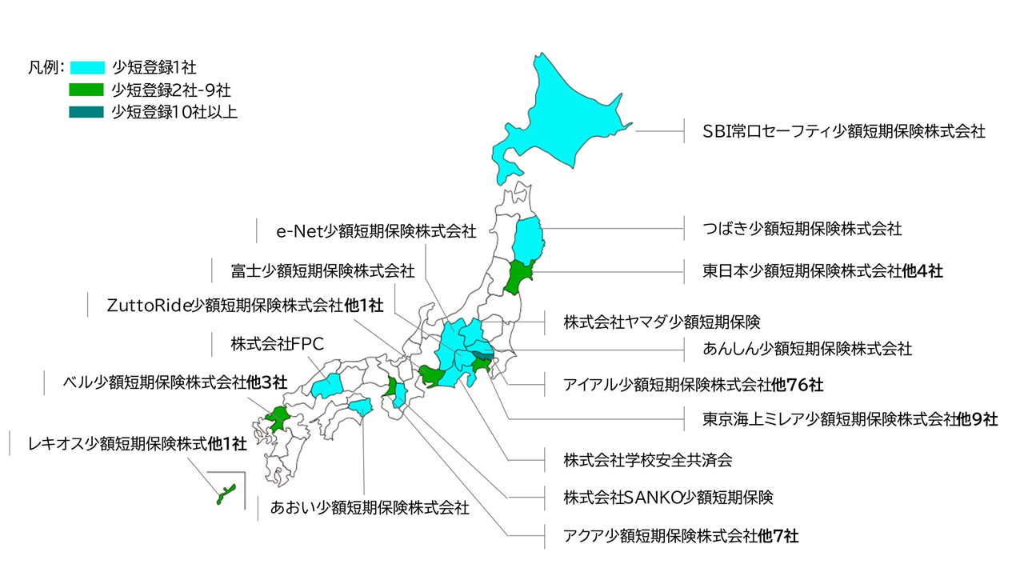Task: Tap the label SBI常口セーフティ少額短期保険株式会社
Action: (843, 131)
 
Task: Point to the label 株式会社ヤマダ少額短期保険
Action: (661, 322)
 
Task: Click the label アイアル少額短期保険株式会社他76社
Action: (693, 385)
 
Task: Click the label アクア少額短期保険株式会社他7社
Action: (681, 534)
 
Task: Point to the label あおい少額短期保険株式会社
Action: (370, 507)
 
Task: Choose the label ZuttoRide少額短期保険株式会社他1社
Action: (245, 306)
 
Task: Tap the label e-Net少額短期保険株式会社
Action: (376, 232)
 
